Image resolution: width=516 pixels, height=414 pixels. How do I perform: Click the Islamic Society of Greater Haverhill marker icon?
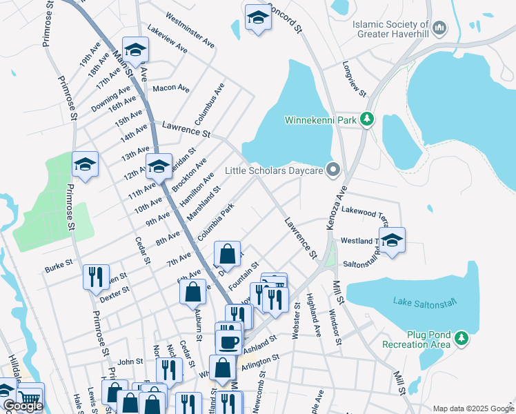point(439,28)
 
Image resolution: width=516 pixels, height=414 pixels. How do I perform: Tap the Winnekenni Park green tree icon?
point(368,120)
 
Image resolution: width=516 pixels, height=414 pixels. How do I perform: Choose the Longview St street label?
point(355,79)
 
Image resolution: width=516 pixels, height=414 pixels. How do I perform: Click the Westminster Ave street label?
point(191,32)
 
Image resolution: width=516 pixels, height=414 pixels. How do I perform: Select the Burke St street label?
point(59,263)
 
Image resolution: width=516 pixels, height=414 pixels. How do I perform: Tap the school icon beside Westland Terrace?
point(391,240)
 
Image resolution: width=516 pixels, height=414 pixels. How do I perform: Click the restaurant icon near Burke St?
point(96,276)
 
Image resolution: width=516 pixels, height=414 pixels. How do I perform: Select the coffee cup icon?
point(228,342)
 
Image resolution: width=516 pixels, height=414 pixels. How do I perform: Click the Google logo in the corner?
point(22,406)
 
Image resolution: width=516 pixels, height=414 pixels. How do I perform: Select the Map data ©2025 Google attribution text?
point(473,408)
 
